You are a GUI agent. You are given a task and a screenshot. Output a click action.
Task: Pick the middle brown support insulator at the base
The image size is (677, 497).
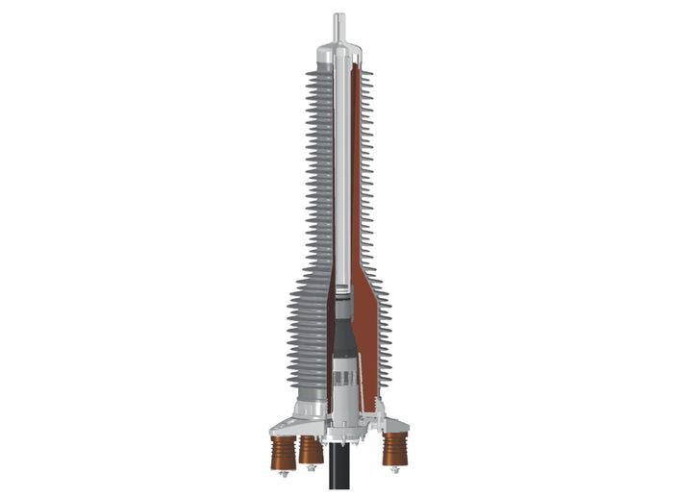310,448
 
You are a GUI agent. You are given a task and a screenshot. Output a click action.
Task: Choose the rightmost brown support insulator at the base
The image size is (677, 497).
394,448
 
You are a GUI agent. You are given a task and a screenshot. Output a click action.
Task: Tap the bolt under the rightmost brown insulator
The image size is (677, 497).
394,468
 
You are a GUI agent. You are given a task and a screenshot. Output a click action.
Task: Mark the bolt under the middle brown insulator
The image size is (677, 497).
312,467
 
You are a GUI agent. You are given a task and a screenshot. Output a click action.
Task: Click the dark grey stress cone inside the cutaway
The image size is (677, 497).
338,333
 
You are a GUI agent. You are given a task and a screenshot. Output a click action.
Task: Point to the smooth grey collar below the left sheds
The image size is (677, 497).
307,394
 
